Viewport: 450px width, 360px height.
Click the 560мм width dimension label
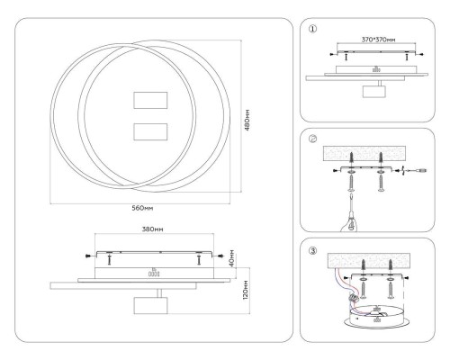coord(140,207)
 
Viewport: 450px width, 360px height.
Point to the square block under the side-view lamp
coord(147,306)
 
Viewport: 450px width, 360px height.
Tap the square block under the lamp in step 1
coord(373,93)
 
